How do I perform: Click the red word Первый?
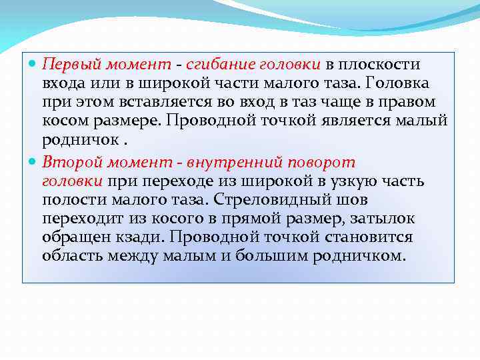tap(67, 65)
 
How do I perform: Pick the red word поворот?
tap(322, 163)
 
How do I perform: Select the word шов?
tap(353, 200)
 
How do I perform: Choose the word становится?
tap(373, 237)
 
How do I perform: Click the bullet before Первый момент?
tap(34, 65)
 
